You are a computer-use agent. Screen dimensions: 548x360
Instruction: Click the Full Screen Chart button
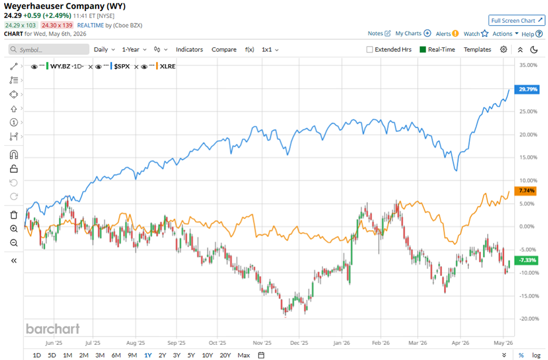click(517, 20)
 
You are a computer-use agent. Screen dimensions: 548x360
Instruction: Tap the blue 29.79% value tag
click(527, 89)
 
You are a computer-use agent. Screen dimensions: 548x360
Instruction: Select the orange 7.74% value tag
click(526, 191)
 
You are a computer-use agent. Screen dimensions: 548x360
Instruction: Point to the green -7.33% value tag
click(526, 260)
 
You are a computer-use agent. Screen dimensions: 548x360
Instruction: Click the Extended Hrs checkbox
click(370, 50)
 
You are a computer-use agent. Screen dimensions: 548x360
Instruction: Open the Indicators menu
click(189, 50)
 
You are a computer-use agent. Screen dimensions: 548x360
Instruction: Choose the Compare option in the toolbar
click(224, 50)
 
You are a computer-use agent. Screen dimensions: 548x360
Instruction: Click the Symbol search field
click(48, 50)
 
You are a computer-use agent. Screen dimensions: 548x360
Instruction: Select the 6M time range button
click(116, 355)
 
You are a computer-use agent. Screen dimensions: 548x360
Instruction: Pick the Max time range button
click(244, 355)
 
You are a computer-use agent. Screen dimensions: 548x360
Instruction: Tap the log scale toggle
click(536, 355)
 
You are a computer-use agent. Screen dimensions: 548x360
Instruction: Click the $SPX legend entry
click(121, 66)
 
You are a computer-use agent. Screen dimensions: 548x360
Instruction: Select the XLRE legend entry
click(167, 66)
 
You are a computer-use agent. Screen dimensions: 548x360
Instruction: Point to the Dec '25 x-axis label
click(299, 343)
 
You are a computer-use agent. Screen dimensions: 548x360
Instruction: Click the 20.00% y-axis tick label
click(528, 134)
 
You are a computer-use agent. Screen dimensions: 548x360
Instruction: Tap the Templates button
click(477, 50)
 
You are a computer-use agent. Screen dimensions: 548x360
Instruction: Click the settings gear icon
click(503, 50)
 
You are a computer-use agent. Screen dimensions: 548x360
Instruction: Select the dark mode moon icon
click(533, 50)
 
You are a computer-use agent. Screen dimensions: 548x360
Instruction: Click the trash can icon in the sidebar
click(13, 215)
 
